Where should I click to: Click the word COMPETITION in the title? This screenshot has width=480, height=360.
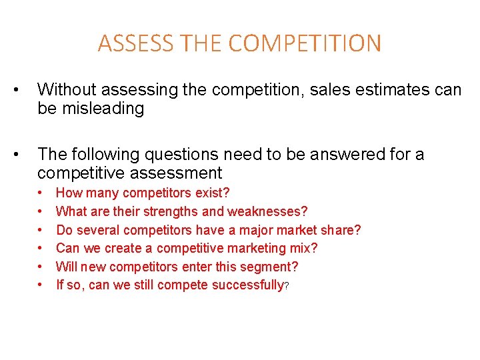tap(305, 44)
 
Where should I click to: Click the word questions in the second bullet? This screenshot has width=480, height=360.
tap(169, 155)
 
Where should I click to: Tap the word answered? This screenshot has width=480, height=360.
tap(347, 155)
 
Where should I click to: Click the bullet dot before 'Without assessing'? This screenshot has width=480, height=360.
tap(24, 89)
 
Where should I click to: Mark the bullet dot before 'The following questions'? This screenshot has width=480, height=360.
tap(24, 155)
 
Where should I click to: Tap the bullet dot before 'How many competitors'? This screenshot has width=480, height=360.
tap(41, 193)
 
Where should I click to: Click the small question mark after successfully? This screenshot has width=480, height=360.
tap(287, 287)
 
